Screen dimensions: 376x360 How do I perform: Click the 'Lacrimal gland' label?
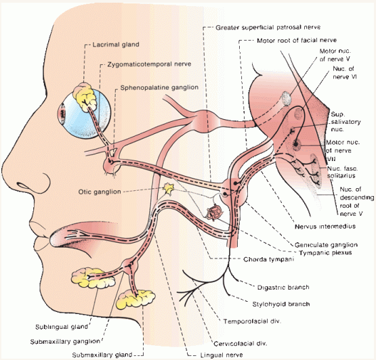point(116,45)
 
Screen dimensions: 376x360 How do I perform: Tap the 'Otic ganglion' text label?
point(100,192)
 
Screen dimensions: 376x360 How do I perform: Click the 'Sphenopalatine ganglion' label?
point(159,88)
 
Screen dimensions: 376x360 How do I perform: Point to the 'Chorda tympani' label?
point(268,259)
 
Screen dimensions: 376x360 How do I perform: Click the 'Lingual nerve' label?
point(222,355)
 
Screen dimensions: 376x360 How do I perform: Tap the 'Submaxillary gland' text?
point(102,355)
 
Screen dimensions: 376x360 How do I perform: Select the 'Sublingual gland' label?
point(62,327)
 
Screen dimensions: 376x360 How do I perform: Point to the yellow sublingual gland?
point(93,278)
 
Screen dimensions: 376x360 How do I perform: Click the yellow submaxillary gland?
point(135,298)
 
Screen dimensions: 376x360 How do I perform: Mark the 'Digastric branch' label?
point(283,287)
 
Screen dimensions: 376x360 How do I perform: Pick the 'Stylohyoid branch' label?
point(281,305)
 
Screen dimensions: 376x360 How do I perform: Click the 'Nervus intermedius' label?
point(325,226)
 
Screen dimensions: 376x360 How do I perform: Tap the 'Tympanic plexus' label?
point(325,252)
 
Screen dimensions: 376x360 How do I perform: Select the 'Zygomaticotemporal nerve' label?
point(149,64)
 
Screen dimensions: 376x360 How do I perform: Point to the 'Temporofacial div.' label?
point(252,321)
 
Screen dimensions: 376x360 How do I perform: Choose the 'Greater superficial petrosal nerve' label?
point(268,28)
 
